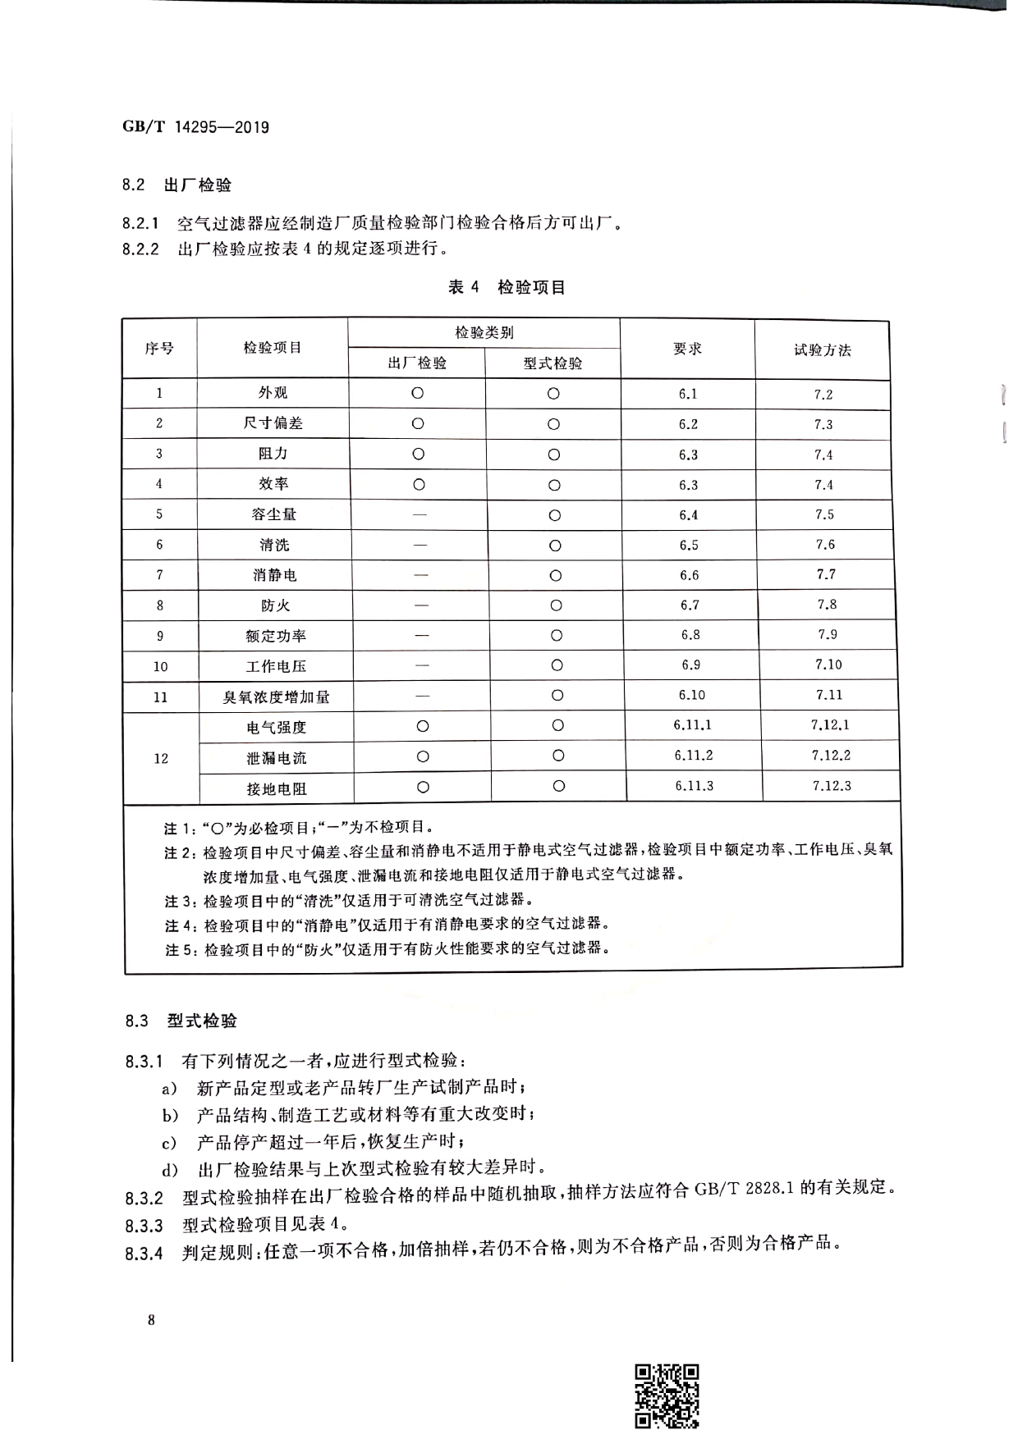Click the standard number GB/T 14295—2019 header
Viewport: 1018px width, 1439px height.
tap(195, 127)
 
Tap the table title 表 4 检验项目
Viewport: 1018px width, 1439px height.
tap(507, 287)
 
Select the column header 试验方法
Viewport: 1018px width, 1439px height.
tap(822, 350)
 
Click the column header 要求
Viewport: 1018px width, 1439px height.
tap(687, 349)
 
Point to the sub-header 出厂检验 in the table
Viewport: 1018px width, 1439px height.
tap(417, 363)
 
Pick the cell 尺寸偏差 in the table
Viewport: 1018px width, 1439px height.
tap(273, 423)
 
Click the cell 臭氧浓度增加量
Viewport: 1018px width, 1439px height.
tap(276, 697)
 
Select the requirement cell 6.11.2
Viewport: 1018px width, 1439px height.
tap(693, 756)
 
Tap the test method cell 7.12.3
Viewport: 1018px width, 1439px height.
tap(832, 786)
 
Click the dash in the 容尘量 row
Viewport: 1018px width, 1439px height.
tap(420, 515)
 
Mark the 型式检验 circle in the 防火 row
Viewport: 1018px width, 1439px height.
tap(556, 605)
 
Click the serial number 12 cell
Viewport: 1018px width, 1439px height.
tap(161, 758)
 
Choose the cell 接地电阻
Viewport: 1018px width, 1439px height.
tap(277, 788)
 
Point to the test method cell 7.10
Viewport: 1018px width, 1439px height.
tap(828, 665)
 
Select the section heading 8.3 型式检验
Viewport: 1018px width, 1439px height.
tap(181, 1021)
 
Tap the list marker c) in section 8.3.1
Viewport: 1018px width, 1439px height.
tap(168, 1142)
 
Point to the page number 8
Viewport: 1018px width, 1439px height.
tap(151, 1320)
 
